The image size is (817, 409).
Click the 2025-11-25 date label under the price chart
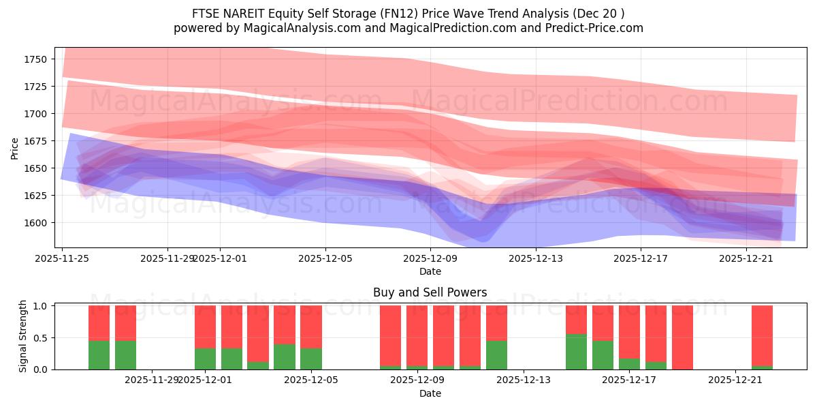63,258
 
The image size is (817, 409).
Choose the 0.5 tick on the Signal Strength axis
41,337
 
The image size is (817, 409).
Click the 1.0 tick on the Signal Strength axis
41,306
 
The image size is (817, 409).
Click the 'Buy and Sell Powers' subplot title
430,292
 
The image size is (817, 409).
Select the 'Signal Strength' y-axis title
22,336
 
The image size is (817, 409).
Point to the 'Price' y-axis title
15,147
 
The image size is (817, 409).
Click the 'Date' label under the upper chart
430,271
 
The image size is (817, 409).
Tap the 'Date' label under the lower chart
430,393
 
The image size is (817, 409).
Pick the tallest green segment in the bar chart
576,352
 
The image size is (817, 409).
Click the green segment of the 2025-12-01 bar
205,359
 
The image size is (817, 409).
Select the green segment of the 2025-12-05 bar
311,359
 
